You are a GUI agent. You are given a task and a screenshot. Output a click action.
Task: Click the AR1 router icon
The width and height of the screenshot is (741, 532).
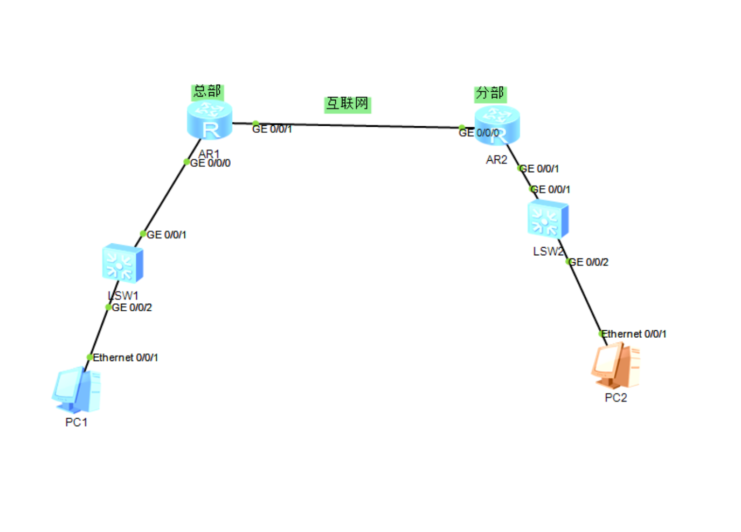click(210, 120)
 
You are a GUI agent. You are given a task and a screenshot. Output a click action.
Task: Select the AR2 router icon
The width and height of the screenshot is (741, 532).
click(497, 125)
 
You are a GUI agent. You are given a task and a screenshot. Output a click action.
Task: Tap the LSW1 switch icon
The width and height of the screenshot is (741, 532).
click(123, 263)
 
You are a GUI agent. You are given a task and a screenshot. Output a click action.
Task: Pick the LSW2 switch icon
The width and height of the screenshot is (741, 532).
click(548, 219)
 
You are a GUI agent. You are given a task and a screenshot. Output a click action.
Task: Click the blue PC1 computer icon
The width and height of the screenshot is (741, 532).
click(77, 390)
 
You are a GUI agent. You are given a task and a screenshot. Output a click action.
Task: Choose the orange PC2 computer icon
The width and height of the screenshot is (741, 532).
click(615, 365)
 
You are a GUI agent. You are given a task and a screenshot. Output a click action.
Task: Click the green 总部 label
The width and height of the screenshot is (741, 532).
click(207, 92)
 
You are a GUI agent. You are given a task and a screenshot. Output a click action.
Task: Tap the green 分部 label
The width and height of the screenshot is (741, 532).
click(490, 94)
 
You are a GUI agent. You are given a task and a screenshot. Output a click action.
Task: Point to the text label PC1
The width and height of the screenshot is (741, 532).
click(77, 422)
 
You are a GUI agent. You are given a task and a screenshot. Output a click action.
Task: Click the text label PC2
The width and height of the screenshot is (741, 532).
click(615, 398)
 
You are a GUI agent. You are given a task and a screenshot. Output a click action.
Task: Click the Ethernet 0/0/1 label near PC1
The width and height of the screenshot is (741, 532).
click(126, 357)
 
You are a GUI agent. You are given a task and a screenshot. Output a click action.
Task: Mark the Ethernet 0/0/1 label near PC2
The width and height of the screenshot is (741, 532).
click(634, 333)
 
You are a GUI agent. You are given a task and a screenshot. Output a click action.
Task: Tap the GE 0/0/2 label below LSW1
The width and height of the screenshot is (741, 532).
click(132, 308)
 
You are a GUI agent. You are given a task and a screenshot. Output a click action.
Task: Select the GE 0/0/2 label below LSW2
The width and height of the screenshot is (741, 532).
click(588, 262)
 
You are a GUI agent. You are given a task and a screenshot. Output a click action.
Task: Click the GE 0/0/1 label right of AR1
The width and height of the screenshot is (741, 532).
click(272, 129)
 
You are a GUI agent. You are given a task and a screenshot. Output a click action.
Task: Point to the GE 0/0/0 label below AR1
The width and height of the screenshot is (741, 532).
click(210, 163)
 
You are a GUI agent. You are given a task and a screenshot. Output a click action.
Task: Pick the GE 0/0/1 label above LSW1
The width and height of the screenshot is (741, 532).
click(167, 235)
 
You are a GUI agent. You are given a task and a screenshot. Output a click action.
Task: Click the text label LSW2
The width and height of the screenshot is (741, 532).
click(548, 251)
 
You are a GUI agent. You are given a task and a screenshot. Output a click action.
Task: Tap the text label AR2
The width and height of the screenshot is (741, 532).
click(496, 160)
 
